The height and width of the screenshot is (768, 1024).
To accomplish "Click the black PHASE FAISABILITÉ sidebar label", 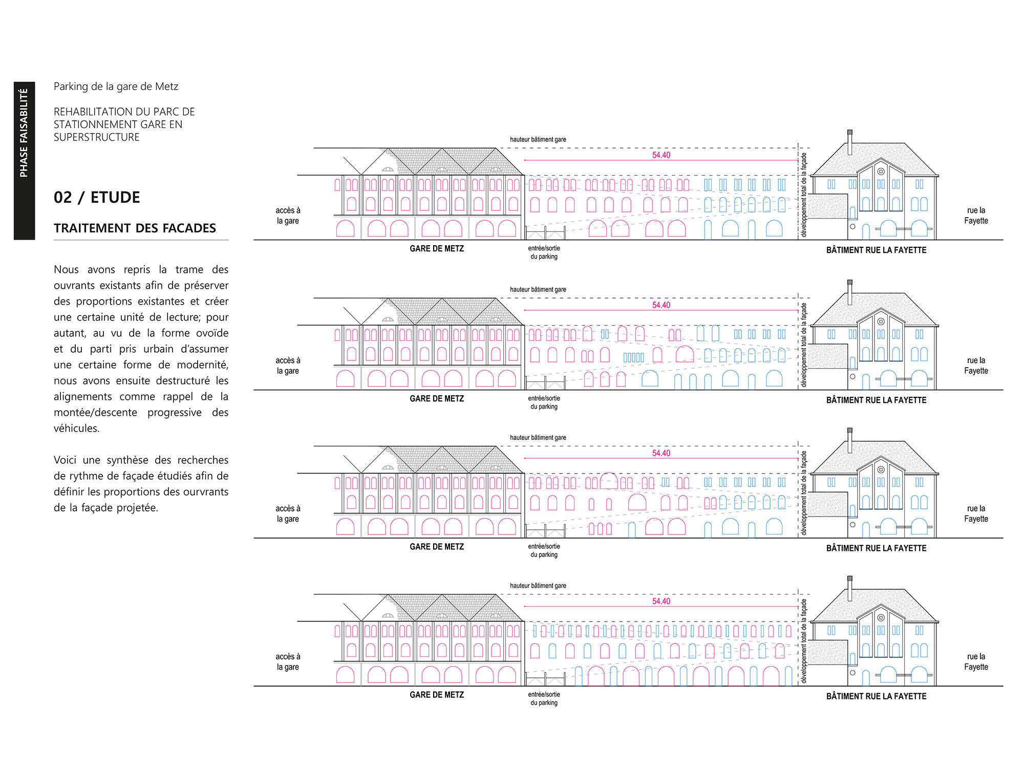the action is [24, 161].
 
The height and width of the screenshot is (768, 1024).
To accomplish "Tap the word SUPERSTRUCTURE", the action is [97, 137].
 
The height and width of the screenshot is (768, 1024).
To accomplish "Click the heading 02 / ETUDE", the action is [97, 197].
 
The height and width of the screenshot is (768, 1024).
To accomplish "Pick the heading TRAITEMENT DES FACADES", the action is [135, 228].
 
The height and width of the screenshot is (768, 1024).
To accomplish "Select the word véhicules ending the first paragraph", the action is [77, 429].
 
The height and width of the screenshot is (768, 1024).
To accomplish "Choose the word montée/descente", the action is [95, 413].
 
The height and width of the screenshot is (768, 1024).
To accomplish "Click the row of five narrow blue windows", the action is [634, 357].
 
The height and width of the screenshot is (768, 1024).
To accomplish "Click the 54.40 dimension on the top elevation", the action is [661, 155].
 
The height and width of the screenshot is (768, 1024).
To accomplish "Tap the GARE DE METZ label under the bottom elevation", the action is [437, 695].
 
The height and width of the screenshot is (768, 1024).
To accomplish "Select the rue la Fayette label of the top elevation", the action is [976, 216].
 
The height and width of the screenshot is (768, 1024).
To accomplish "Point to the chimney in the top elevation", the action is [850, 142].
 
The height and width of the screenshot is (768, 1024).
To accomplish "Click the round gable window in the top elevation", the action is [881, 172].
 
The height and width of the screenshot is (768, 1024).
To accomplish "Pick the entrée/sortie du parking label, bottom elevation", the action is [544, 699].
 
